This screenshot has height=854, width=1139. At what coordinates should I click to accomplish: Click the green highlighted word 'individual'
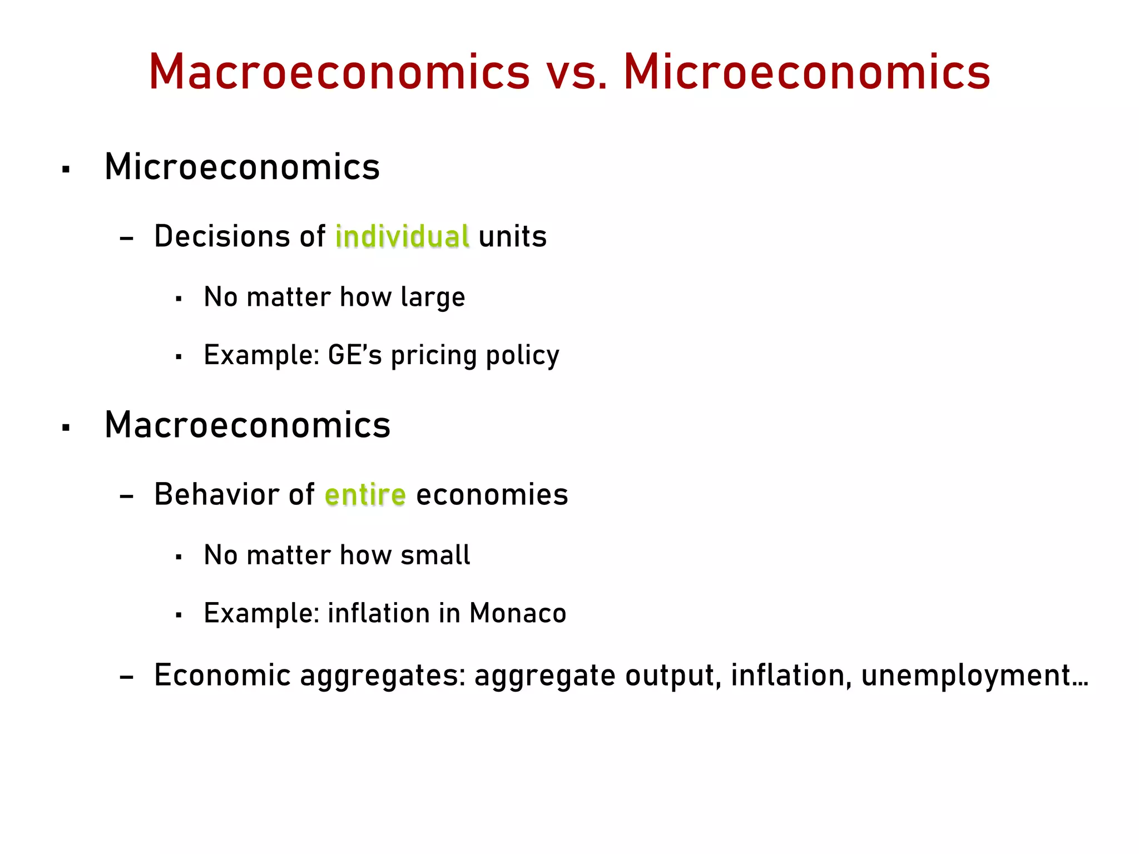[x=402, y=236]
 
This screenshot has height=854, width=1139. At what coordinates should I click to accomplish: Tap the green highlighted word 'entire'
[x=365, y=495]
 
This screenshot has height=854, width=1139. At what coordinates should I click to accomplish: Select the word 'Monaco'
[x=517, y=613]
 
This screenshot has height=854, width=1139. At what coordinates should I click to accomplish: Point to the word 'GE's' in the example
[x=355, y=355]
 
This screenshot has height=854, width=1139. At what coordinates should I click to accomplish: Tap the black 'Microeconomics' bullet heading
[x=242, y=167]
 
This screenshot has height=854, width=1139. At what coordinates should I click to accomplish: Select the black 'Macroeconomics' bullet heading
[x=247, y=425]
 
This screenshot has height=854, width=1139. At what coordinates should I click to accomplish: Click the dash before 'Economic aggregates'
[x=127, y=677]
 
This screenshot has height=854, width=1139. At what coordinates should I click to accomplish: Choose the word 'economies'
[x=492, y=495]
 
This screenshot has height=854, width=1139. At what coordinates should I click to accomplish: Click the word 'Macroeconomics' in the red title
[x=339, y=72]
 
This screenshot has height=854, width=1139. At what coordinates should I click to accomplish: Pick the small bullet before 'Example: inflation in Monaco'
[x=179, y=615]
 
